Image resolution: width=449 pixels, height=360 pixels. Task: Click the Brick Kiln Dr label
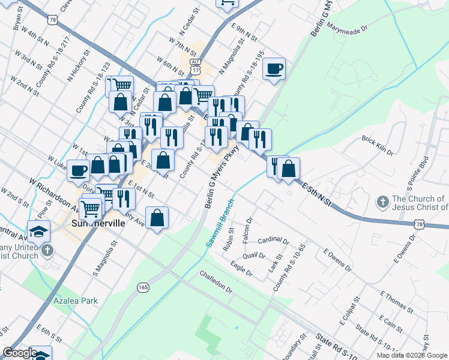[378, 146]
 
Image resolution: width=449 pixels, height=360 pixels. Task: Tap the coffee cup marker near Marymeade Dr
[274, 68]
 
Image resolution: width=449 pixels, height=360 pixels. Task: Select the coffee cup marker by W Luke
[78, 170]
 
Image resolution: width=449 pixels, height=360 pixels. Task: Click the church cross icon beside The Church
[381, 200]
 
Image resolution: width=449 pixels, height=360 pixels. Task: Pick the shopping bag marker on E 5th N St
[289, 169]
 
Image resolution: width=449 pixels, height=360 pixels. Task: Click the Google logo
[20, 353]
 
